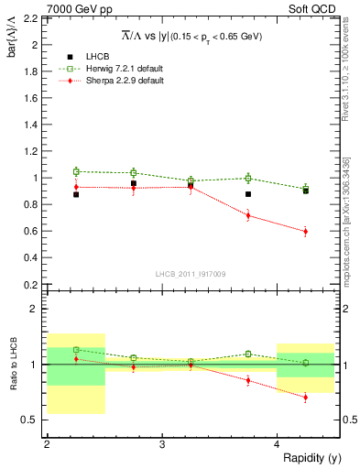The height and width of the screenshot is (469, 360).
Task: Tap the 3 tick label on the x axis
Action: tap(162, 444)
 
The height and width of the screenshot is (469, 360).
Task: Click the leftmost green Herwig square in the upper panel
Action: tap(76, 171)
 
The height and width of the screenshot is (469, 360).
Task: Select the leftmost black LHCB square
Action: tap(76, 194)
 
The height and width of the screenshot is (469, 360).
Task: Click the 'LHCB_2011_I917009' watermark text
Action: tap(191, 274)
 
